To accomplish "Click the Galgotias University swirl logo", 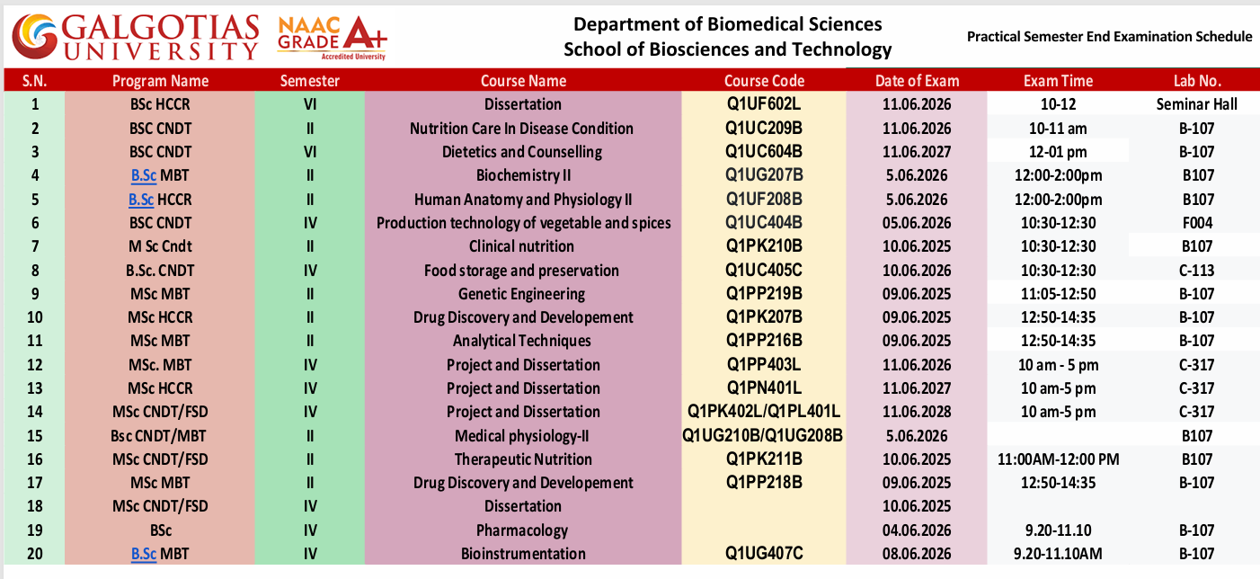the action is pyautogui.click(x=35, y=37).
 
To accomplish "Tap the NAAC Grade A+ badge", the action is pyautogui.click(x=332, y=37).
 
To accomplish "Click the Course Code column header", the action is pyautogui.click(x=764, y=81).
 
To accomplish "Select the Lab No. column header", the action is pyautogui.click(x=1197, y=81).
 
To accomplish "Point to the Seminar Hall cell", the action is pyautogui.click(x=1196, y=104).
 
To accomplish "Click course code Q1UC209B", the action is pyautogui.click(x=763, y=129).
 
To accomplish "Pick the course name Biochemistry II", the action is pyautogui.click(x=523, y=175).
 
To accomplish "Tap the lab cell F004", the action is pyautogui.click(x=1197, y=223).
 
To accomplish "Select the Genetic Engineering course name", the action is pyautogui.click(x=521, y=294).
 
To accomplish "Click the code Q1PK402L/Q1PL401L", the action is pyautogui.click(x=763, y=411).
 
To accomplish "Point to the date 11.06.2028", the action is pyautogui.click(x=917, y=411).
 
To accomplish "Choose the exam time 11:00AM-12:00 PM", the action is pyautogui.click(x=1058, y=459).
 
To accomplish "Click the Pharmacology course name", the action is pyautogui.click(x=522, y=530).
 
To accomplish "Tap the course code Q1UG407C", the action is pyautogui.click(x=763, y=554).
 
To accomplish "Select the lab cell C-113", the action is pyautogui.click(x=1196, y=271).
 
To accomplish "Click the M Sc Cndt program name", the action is pyautogui.click(x=160, y=246).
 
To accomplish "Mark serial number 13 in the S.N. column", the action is pyautogui.click(x=35, y=388).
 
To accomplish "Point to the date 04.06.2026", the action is pyautogui.click(x=917, y=530).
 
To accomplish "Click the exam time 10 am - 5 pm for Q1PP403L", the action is pyautogui.click(x=1058, y=365).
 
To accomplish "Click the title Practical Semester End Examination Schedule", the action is pyautogui.click(x=1109, y=37).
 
